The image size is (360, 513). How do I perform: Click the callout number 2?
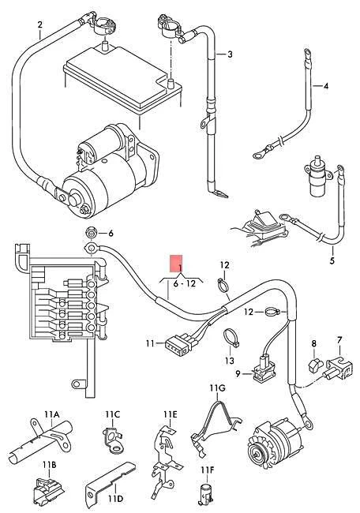coord(39,25)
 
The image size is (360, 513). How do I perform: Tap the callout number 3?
coord(230,54)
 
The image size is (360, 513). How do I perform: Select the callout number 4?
coord(326,85)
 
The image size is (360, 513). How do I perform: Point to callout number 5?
coord(332,260)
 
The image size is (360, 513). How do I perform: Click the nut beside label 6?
coord(91,233)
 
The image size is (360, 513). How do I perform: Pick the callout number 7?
coord(339,341)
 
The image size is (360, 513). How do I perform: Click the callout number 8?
coord(313,344)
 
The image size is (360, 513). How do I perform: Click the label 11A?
coord(52,414)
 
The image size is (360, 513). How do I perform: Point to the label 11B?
coord(49,464)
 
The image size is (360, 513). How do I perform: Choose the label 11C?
coord(112,414)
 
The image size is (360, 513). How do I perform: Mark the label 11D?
coord(115,498)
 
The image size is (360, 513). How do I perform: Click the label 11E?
coord(171,414)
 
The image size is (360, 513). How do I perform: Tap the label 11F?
coord(206,470)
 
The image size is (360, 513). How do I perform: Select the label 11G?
coord(217,388)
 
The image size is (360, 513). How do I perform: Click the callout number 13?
coord(230,360)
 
